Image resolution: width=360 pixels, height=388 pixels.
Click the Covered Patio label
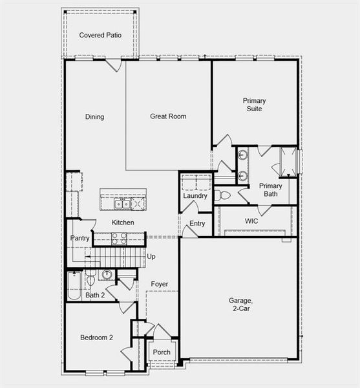(x=100, y=35)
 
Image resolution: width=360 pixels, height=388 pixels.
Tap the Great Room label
(x=168, y=116)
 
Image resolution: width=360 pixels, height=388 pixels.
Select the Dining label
(x=94, y=117)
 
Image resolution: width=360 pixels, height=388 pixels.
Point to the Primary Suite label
(x=254, y=105)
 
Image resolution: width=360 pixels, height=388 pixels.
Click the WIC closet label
(x=251, y=221)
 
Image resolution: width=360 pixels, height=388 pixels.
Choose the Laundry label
(x=195, y=196)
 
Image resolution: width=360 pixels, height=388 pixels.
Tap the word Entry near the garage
(x=196, y=224)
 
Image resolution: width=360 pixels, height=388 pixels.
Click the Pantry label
(x=79, y=239)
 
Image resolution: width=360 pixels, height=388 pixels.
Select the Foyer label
(x=160, y=284)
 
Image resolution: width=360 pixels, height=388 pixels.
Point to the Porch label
(x=162, y=352)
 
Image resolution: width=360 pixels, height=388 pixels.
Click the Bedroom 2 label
(x=96, y=338)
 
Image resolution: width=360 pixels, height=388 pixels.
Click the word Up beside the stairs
(x=151, y=257)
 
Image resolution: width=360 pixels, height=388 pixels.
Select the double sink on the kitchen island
(x=121, y=204)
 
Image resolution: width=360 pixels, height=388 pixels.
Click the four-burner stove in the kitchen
(x=119, y=239)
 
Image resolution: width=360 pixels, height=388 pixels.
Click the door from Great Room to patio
(x=114, y=64)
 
